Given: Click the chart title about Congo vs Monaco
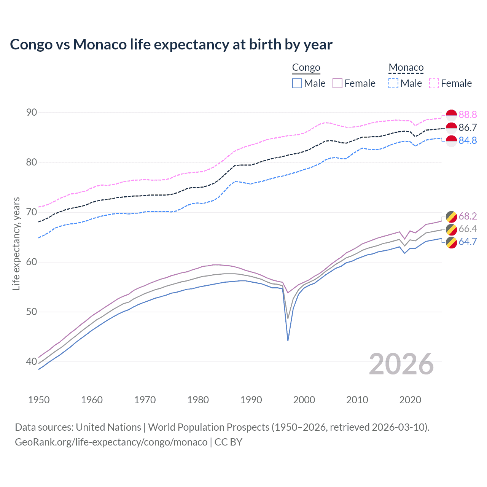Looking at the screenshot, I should (171, 45).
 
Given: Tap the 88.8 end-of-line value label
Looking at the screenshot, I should (468, 115).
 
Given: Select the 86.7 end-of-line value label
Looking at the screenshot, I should (468, 127).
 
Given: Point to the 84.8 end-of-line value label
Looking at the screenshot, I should (468, 140).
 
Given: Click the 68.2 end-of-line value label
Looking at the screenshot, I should (468, 216).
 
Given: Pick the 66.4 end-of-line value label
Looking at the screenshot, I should (468, 229).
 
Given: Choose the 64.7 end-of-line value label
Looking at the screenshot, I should (468, 242).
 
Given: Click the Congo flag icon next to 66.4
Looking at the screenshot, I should (451, 229).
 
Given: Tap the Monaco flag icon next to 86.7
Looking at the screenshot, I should (451, 128).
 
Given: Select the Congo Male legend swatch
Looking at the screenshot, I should (297, 83).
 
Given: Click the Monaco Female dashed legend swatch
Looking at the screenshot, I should (434, 83).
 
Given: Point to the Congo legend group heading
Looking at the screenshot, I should (306, 68).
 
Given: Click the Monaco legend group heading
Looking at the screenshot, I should (406, 68).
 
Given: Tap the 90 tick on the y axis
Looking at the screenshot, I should (32, 112).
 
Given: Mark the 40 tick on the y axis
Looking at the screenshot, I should (32, 361).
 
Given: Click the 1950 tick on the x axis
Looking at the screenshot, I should (39, 400).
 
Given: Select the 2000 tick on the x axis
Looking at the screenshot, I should (304, 400).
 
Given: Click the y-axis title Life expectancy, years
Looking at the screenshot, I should (16, 243).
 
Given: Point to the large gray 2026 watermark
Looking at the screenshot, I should (401, 364).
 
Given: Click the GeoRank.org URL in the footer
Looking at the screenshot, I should (111, 442).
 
